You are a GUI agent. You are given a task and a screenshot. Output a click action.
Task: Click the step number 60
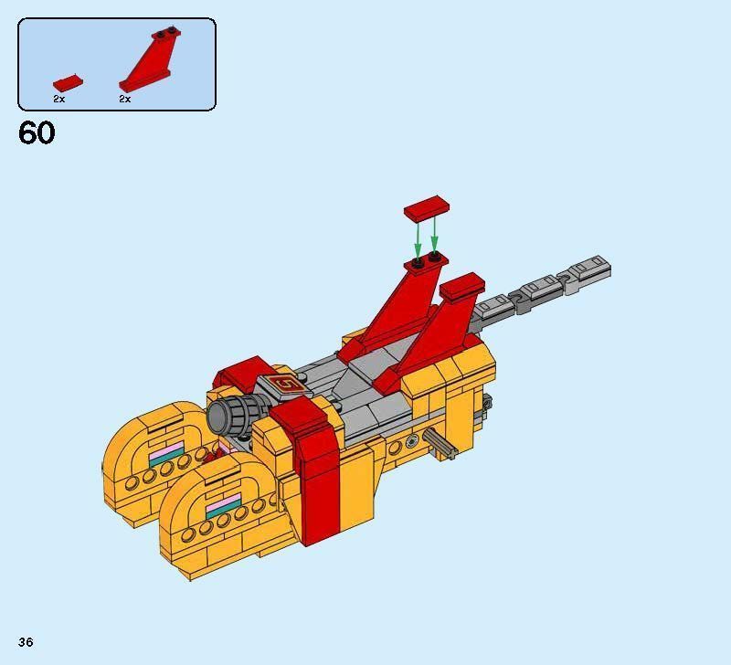(x=37, y=133)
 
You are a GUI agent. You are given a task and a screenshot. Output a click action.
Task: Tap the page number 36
(x=25, y=643)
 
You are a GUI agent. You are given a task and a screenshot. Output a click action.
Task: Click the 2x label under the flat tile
(x=58, y=99)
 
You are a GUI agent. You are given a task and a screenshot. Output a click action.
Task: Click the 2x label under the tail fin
(x=125, y=99)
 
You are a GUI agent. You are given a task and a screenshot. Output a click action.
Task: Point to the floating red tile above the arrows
(x=425, y=207)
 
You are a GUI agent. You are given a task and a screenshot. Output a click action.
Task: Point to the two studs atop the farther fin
(x=425, y=262)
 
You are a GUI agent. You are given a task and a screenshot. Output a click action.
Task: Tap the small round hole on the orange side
(x=412, y=441)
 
